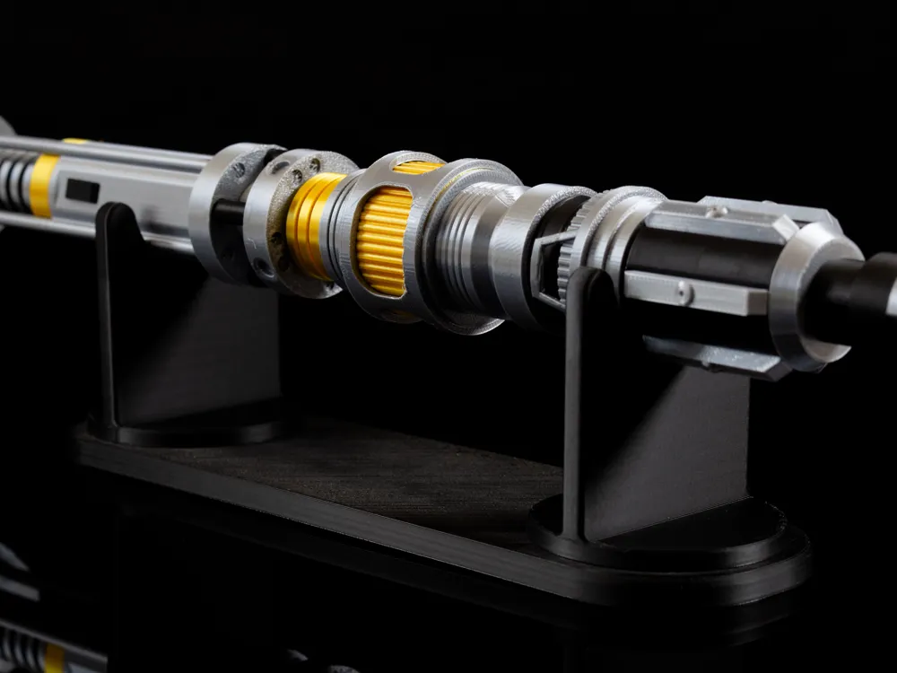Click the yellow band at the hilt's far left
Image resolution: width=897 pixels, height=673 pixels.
(x=42, y=184)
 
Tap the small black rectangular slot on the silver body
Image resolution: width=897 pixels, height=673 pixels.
(x=83, y=190)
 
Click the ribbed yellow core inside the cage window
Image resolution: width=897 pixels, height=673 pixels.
(x=383, y=240)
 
